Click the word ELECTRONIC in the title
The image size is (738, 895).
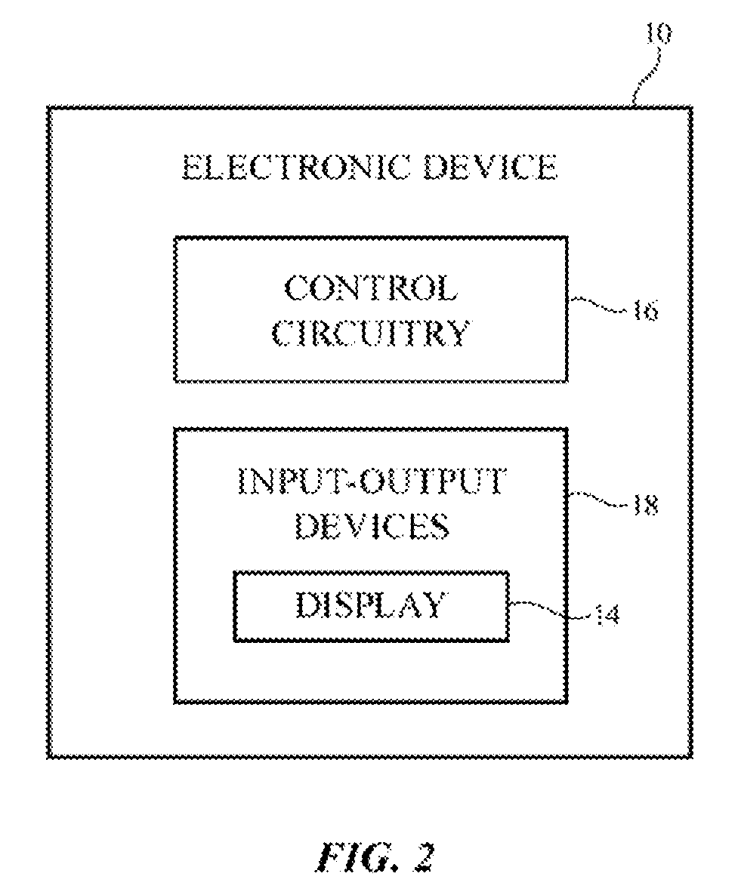tap(296, 167)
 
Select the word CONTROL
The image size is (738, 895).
tap(372, 288)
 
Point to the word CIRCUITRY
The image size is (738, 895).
tap(372, 333)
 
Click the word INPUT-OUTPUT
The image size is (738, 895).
tap(372, 481)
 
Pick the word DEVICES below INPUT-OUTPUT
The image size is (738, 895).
tap(372, 526)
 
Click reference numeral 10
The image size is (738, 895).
tap(659, 34)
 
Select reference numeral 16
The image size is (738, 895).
tap(645, 312)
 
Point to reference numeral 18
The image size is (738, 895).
tap(645, 506)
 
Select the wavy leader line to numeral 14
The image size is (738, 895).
tap(549, 608)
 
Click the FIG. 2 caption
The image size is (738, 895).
tap(375, 857)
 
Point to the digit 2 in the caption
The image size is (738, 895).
tap(423, 857)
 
